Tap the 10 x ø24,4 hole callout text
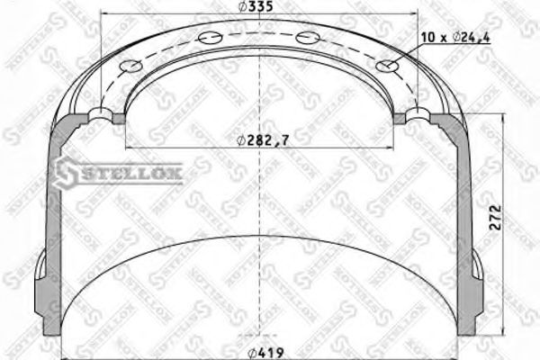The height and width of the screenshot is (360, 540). (x=455, y=37)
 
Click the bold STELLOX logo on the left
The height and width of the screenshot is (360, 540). (x=121, y=170)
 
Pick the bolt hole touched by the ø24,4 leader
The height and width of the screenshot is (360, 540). (x=388, y=65)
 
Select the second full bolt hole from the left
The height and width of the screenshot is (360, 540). (x=211, y=38)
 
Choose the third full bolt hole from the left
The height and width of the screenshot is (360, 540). (x=307, y=38)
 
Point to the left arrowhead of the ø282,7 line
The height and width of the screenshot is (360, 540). (x=128, y=147)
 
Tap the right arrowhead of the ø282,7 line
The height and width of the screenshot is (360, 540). (x=392, y=147)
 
